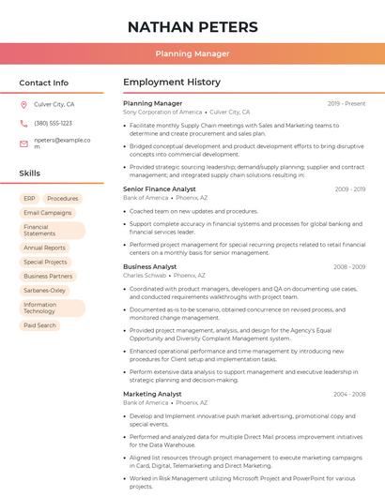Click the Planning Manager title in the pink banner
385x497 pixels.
[192, 53]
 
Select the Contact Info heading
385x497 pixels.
[43, 83]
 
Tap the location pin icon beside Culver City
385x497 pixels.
[23, 105]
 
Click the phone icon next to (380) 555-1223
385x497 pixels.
[23, 123]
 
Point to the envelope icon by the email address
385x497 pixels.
[23, 143]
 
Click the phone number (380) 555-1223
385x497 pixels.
[53, 123]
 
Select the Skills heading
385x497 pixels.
[29, 173]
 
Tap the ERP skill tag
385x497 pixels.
[29, 199]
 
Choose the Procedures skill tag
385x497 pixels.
[63, 199]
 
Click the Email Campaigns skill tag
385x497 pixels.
[47, 213]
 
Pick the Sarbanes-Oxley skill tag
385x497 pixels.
[45, 291]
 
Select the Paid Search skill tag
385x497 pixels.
[39, 325]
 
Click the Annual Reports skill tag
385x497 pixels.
[44, 248]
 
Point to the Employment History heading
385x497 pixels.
[172, 83]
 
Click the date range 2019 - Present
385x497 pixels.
[346, 103]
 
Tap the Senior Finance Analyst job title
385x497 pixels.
[160, 189]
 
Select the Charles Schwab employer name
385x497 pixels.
[145, 276]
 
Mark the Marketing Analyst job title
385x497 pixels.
[152, 394]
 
